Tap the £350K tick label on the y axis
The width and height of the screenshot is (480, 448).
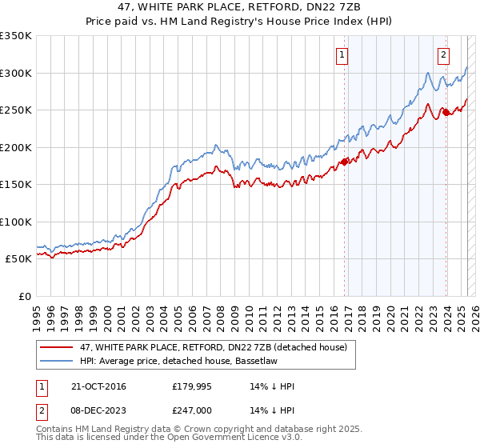[x=16, y=36]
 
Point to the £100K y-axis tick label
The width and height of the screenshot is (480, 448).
[x=16, y=222]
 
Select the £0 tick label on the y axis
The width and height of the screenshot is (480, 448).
[x=25, y=296]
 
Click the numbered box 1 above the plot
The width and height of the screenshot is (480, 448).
[x=342, y=55]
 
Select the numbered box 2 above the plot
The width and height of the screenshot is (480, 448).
[x=442, y=55]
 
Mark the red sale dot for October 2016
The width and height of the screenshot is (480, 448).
[x=345, y=162]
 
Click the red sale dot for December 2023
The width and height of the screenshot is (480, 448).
[x=446, y=112]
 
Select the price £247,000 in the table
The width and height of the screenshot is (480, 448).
[x=193, y=410]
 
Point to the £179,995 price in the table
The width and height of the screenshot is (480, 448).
[x=193, y=386]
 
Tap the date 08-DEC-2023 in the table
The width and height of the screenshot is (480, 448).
[x=97, y=410]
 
